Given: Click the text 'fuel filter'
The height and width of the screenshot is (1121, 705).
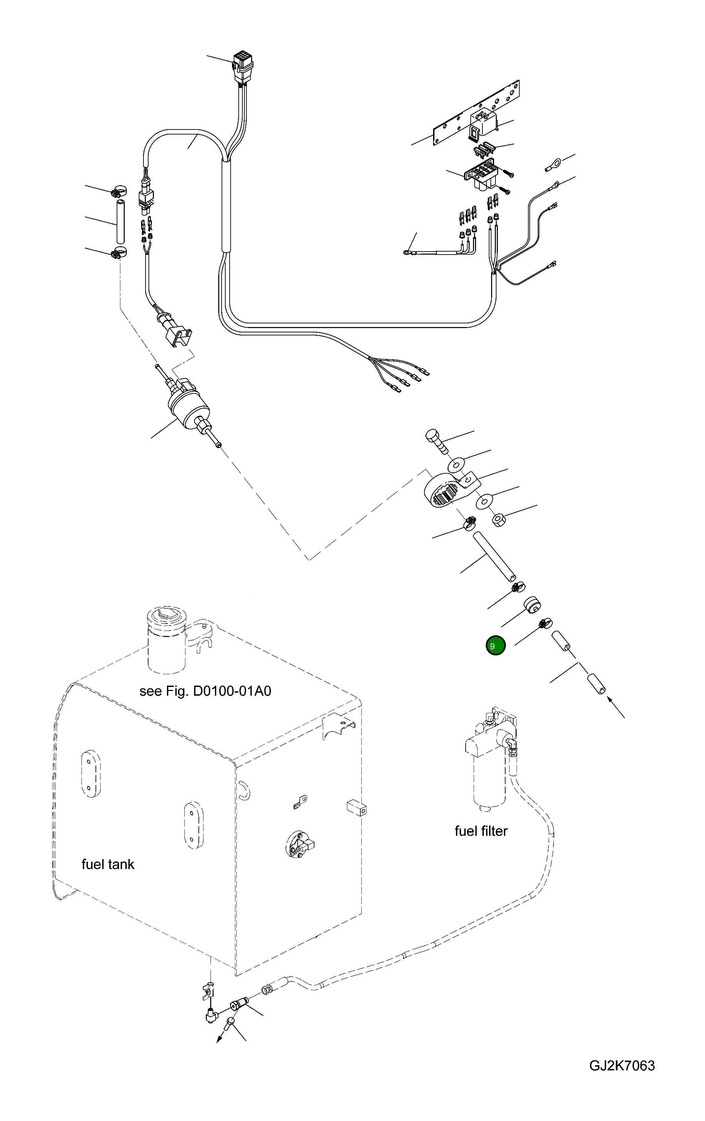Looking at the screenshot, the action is tap(481, 831).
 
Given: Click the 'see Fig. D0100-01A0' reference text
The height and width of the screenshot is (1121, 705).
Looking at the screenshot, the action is tap(205, 690).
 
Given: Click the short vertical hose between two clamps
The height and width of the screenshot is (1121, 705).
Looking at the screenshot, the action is tap(120, 221).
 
